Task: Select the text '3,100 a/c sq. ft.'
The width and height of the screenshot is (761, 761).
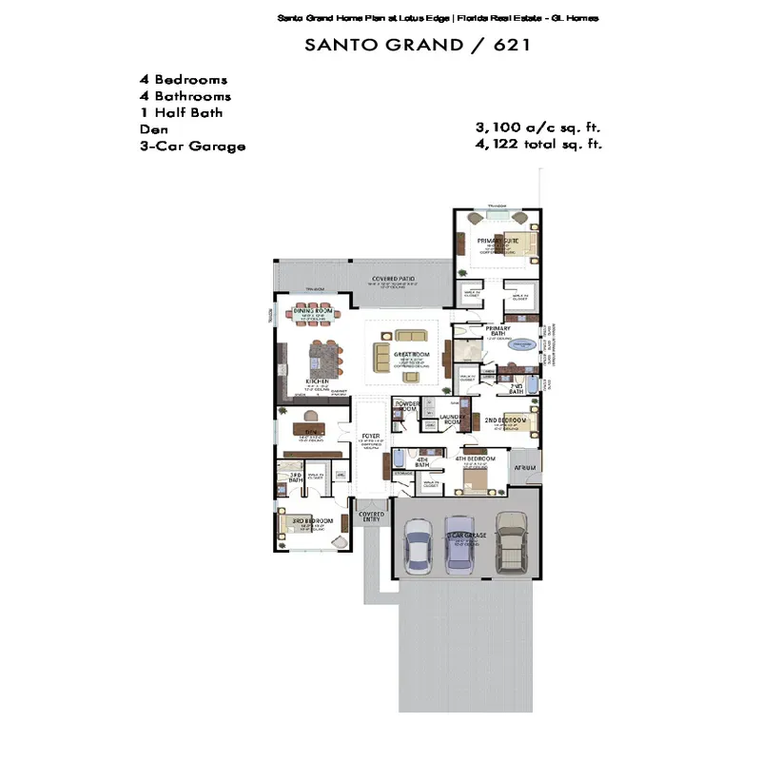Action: pyautogui.click(x=538, y=127)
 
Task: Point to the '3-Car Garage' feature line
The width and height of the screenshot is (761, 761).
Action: pyautogui.click(x=192, y=146)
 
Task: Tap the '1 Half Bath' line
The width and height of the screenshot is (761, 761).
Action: pyautogui.click(x=182, y=112)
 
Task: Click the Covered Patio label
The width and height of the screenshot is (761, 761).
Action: pyautogui.click(x=394, y=279)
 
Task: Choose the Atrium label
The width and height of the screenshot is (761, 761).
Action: pyautogui.click(x=524, y=468)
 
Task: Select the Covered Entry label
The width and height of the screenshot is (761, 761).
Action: pyautogui.click(x=372, y=517)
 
